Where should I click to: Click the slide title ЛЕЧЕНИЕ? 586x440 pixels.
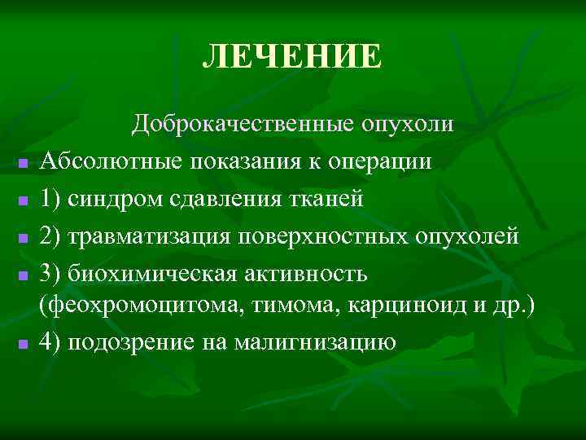click(292, 57)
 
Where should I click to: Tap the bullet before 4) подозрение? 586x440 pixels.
click(24, 345)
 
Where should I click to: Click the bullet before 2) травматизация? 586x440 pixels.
click(24, 239)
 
